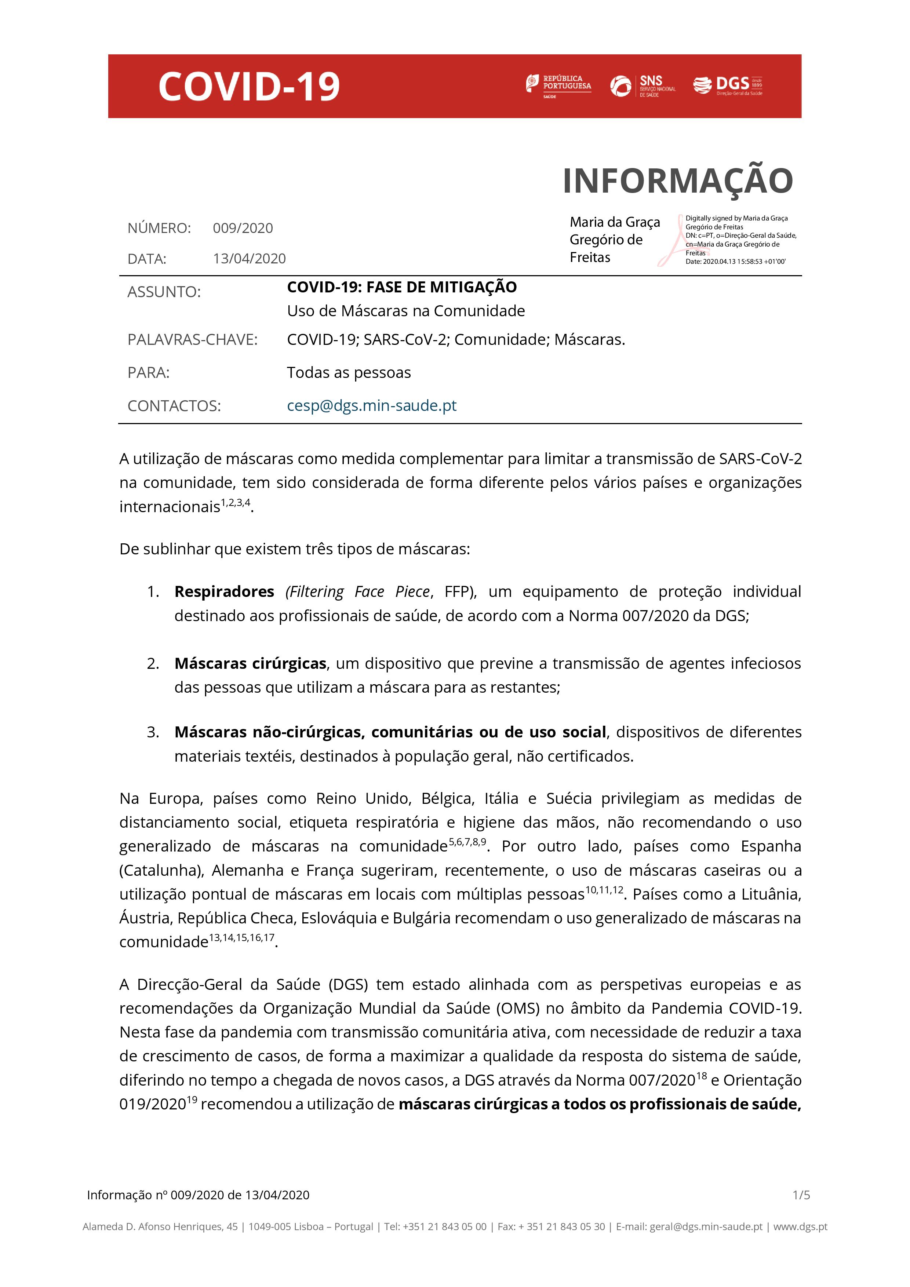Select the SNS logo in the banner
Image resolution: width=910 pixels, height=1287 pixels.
pyautogui.click(x=643, y=86)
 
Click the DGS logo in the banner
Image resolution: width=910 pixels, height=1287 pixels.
pyautogui.click(x=728, y=85)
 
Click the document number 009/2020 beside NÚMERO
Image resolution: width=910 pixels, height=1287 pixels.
pyautogui.click(x=243, y=228)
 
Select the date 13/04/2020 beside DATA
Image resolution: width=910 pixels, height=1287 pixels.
pyautogui.click(x=249, y=258)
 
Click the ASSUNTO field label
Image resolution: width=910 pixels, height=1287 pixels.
pyautogui.click(x=164, y=292)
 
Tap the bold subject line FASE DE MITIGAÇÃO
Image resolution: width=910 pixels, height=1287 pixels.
pyautogui.click(x=401, y=287)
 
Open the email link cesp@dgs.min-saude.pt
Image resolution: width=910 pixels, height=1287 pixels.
pyautogui.click(x=371, y=405)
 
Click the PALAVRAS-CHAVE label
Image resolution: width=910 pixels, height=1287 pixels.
pyautogui.click(x=192, y=340)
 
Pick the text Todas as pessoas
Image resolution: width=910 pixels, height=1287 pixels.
pyautogui.click(x=349, y=373)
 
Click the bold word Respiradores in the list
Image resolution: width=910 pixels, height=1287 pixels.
pyautogui.click(x=224, y=592)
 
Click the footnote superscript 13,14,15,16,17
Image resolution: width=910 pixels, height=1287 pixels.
pyautogui.click(x=242, y=938)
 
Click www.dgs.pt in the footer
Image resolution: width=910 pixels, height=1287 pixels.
pyautogui.click(x=800, y=1226)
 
